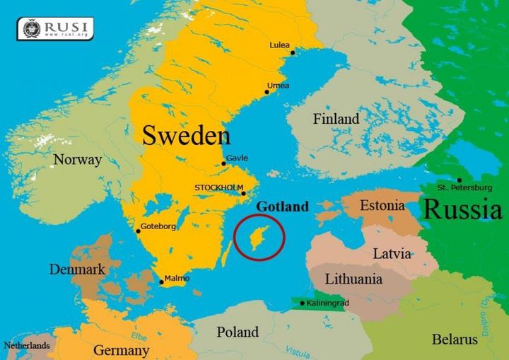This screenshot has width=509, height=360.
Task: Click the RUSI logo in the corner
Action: [55, 28]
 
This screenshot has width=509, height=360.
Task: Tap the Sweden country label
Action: [187, 134]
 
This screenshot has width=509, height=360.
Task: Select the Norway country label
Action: [78, 160]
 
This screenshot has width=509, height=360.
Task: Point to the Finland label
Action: [336, 119]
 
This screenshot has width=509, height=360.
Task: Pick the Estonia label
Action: [382, 206]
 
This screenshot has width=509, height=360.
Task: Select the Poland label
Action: [238, 332]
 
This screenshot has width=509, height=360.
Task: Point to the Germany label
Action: [121, 350]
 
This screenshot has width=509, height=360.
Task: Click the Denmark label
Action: [77, 269]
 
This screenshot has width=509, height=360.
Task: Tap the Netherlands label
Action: [27, 346]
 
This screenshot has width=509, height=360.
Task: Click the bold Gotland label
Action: [282, 207]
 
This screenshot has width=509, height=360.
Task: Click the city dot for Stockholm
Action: [243, 193]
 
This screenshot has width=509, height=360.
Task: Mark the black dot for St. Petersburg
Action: [459, 180]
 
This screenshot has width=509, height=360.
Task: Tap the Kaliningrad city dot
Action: [303, 303]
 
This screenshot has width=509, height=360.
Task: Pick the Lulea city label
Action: [279, 45]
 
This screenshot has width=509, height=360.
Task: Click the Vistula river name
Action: [297, 350]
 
